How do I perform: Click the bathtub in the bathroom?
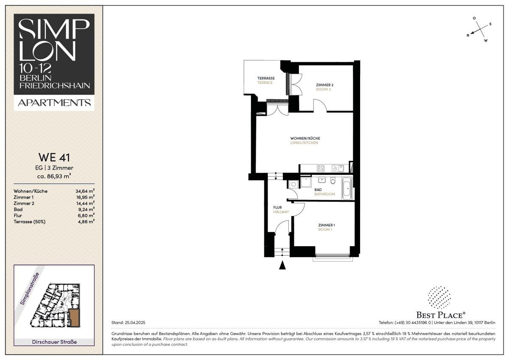pos(347,189)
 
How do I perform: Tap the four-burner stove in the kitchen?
pos(321,168)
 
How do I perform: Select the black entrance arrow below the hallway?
pos(282,265)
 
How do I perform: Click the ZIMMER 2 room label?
pos(325,85)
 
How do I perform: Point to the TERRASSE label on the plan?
pos(266,78)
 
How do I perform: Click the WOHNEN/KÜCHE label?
pos(305,138)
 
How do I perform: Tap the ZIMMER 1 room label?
pos(327,225)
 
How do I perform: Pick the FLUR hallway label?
pos(277,208)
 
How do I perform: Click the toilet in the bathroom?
pos(333,180)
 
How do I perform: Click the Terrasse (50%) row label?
pos(30,222)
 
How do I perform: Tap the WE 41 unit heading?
pos(54,157)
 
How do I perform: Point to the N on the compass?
pos(468,35)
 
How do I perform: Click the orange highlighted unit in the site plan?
pos(74,317)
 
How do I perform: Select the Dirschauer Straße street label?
pos(54,342)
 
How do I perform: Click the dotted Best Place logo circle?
pos(439,298)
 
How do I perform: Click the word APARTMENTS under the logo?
pos(54,103)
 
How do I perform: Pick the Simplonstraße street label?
pos(30,289)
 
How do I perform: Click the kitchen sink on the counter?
pos(338,168)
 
